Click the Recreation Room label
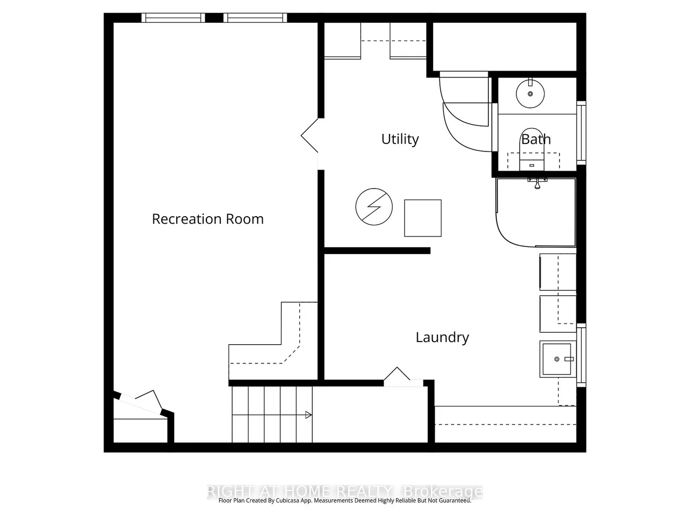tap(208, 219)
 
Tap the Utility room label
tap(400, 139)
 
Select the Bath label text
tap(536, 139)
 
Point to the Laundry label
tap(442, 337)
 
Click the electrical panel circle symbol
tap(374, 206)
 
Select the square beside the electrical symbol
tap(422, 218)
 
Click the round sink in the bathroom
tap(530, 94)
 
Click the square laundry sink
tap(557, 359)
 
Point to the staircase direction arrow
tap(308, 415)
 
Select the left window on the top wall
tap(173, 18)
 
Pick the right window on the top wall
tap(255, 18)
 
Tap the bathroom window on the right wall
tap(581, 133)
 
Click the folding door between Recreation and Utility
tap(310, 136)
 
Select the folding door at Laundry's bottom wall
tap(397, 375)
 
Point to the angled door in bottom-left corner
tap(141, 402)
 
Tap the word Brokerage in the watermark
tap(443, 491)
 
